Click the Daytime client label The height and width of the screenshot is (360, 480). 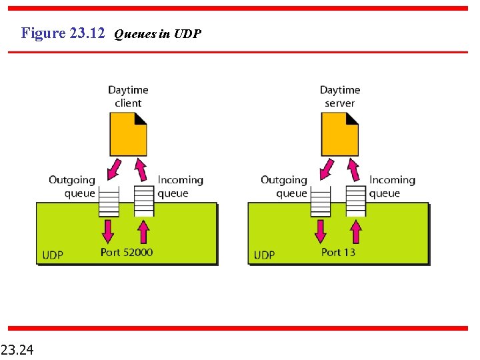(x=128, y=96)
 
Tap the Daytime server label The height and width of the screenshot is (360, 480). (x=339, y=96)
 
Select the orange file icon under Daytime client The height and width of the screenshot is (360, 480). (x=128, y=134)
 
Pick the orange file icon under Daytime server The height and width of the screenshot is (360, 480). (x=339, y=134)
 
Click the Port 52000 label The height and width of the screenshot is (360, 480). (x=127, y=252)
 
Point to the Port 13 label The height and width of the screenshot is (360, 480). (x=338, y=252)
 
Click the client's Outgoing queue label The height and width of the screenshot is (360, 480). (x=72, y=187)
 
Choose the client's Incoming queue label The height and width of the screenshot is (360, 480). (x=180, y=187)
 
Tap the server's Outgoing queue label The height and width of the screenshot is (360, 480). (x=284, y=187)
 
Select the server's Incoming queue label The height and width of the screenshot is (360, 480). (x=392, y=187)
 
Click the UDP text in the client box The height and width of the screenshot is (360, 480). (x=53, y=255)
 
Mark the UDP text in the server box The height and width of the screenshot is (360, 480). (x=264, y=255)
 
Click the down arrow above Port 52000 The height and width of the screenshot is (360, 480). (x=108, y=231)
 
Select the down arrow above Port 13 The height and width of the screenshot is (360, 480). (x=320, y=231)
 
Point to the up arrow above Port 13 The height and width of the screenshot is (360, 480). (x=356, y=231)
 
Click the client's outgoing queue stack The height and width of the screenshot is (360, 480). (x=109, y=201)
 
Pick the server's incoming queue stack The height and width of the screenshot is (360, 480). (x=356, y=201)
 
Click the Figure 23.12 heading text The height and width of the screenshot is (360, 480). (x=63, y=33)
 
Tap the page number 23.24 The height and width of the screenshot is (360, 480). (x=19, y=349)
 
